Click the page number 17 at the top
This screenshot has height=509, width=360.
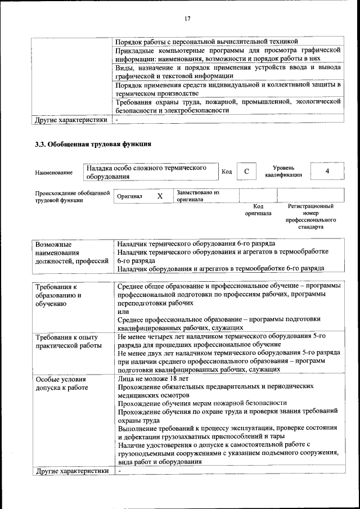point(187,19)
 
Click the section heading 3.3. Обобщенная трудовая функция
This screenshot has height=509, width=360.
point(93,144)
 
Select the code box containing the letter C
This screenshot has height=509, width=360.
point(246,171)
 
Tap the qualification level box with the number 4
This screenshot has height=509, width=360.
point(327,171)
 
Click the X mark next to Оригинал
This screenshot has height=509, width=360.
point(160,196)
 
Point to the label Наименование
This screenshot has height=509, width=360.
point(53,172)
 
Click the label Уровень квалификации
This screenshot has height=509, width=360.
point(283,171)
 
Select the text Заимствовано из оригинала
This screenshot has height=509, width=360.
point(197,196)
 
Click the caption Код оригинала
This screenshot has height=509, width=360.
point(258,210)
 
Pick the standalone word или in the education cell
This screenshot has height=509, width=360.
point(123,311)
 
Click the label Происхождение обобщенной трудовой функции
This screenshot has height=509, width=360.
point(72,196)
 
